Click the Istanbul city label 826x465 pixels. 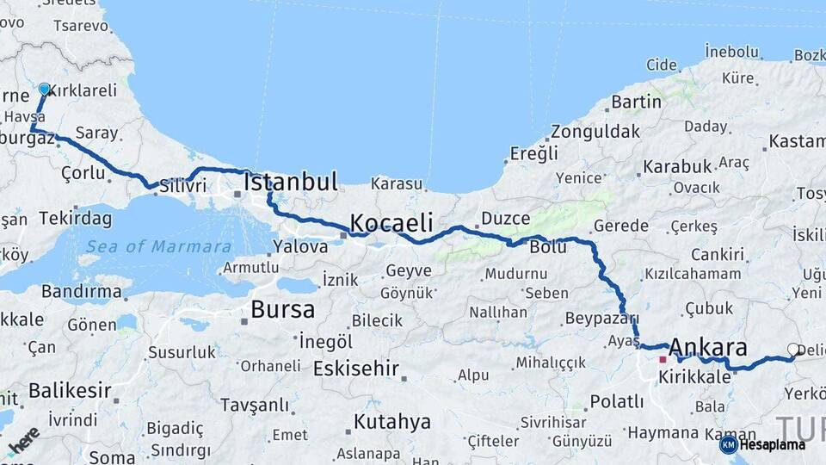[x=290, y=183]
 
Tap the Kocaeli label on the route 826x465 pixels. [x=391, y=223]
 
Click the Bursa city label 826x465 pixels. [x=282, y=309]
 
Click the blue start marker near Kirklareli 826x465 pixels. [x=45, y=89]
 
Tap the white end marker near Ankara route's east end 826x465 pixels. [x=792, y=350]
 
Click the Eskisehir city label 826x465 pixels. [x=355, y=369]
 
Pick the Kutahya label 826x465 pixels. [x=392, y=422]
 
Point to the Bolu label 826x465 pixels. [x=548, y=247]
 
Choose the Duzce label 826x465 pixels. [x=505, y=219]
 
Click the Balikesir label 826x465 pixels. [x=70, y=390]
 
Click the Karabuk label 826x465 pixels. [x=677, y=165]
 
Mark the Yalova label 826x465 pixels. [x=300, y=246]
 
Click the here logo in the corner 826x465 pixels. [x=22, y=440]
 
